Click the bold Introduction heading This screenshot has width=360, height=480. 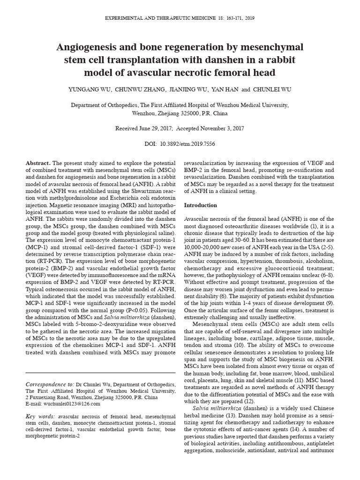(200, 205)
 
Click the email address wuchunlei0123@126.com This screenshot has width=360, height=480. (70, 404)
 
